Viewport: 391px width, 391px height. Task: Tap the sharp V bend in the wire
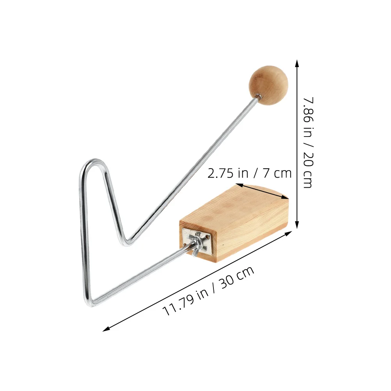click(127, 241)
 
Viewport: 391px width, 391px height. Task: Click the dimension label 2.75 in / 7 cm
click(249, 173)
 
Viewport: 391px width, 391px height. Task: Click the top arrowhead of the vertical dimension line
click(297, 62)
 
